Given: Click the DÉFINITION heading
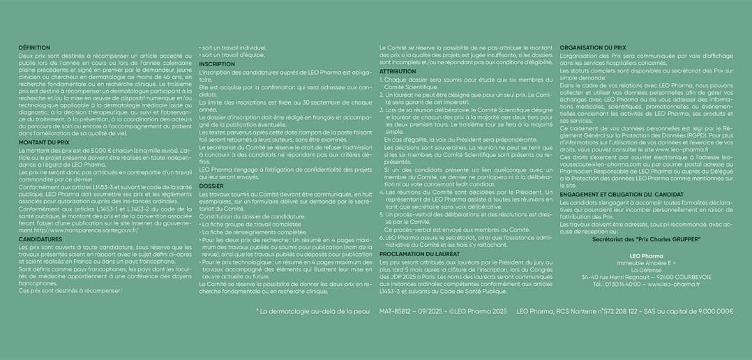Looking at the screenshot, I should pyautogui.click(x=35, y=47).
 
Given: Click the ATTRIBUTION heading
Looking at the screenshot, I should pyautogui.click(x=398, y=71).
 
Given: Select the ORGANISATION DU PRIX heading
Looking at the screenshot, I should pyautogui.click(x=587, y=47).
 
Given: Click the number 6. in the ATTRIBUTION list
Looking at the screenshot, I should pyautogui.click(x=382, y=237).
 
